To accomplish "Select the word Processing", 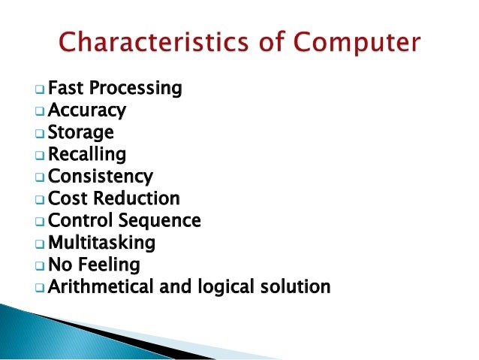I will (134, 89).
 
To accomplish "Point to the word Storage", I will (81, 133).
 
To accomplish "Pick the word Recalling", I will (87, 155).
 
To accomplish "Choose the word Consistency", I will (101, 177).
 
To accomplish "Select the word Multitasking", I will (102, 243).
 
